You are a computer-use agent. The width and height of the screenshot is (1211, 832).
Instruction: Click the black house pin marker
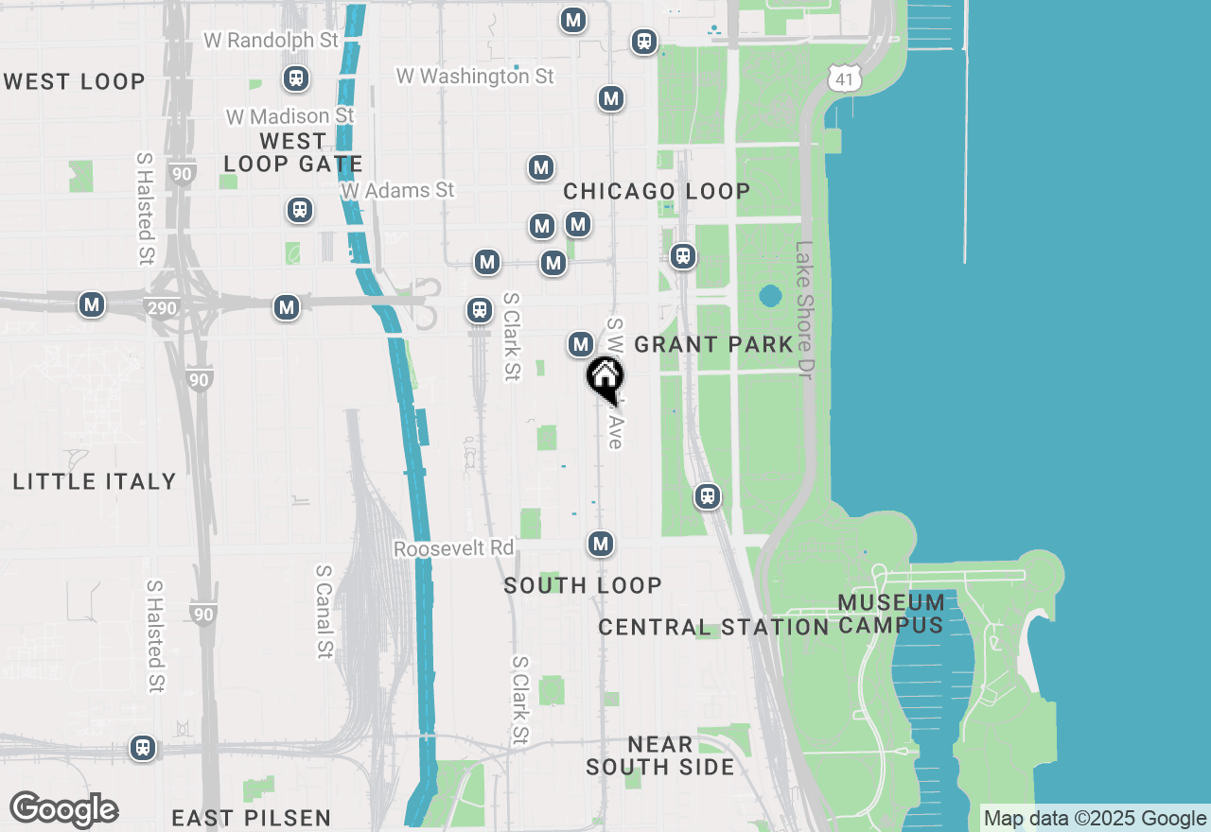[x=605, y=378]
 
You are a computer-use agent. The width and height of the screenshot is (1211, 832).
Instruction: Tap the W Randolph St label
[x=271, y=41]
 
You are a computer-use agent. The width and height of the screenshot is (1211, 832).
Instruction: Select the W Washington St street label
[x=475, y=76]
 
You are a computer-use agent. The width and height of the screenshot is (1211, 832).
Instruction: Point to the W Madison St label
[x=290, y=116]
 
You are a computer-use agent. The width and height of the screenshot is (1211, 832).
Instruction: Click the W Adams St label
[x=398, y=190]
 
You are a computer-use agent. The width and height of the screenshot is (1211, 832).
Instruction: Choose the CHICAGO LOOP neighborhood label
[x=657, y=191]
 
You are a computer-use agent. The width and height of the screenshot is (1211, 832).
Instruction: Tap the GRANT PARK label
[x=713, y=344]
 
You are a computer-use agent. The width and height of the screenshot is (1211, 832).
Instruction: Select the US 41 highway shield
[x=844, y=78]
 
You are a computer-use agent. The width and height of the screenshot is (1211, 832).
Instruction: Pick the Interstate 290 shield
[x=163, y=307]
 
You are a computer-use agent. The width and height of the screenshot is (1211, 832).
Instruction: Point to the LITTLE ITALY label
[x=95, y=481]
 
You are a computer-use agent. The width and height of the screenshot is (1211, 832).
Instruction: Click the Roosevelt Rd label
[x=454, y=548]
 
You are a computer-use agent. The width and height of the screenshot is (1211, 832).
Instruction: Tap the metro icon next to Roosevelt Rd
[x=601, y=544]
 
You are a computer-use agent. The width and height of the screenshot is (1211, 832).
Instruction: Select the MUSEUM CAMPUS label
[x=890, y=614]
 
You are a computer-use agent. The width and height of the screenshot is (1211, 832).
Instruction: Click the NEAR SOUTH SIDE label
[x=659, y=755]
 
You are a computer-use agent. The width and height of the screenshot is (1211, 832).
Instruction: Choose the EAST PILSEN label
[x=251, y=818]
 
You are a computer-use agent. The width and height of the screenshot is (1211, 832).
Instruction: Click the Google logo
[x=63, y=810]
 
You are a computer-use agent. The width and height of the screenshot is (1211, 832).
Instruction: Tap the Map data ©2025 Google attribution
[x=1095, y=819]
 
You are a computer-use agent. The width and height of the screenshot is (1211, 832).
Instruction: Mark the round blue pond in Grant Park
[x=770, y=297]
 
